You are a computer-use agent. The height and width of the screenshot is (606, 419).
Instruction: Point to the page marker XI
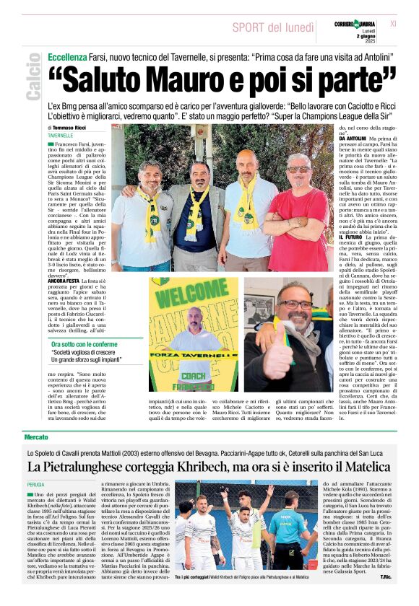pyautogui.click(x=393, y=24)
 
